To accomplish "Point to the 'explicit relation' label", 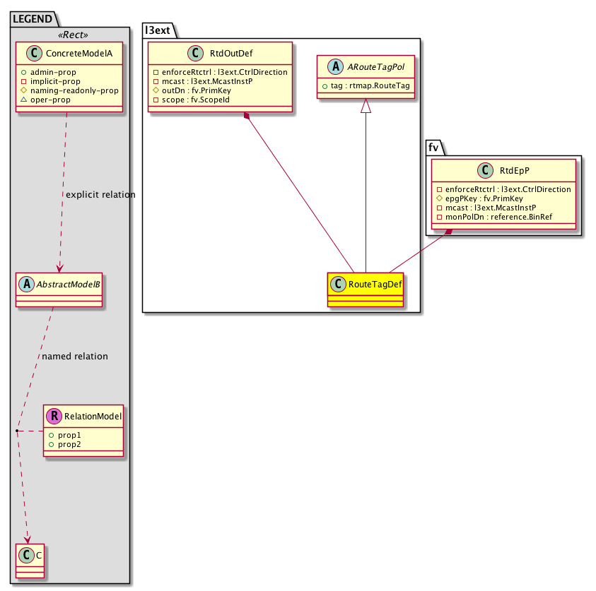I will [100, 194].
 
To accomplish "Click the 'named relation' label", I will [75, 357].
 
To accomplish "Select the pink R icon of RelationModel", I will [54, 416].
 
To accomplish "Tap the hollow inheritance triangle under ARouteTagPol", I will [366, 106].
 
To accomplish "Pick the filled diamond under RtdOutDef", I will [246, 115].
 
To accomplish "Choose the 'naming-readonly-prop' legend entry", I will [74, 90].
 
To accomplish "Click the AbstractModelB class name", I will [64, 283].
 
